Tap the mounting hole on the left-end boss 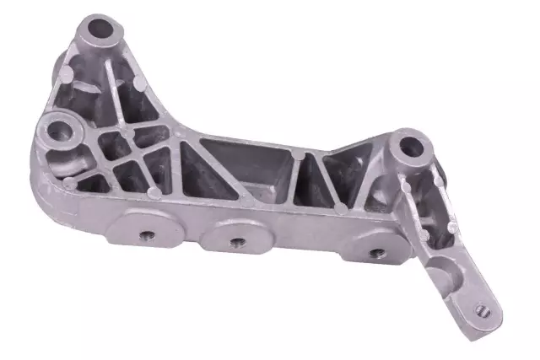point(62,131)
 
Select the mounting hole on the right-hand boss point(410,147)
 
